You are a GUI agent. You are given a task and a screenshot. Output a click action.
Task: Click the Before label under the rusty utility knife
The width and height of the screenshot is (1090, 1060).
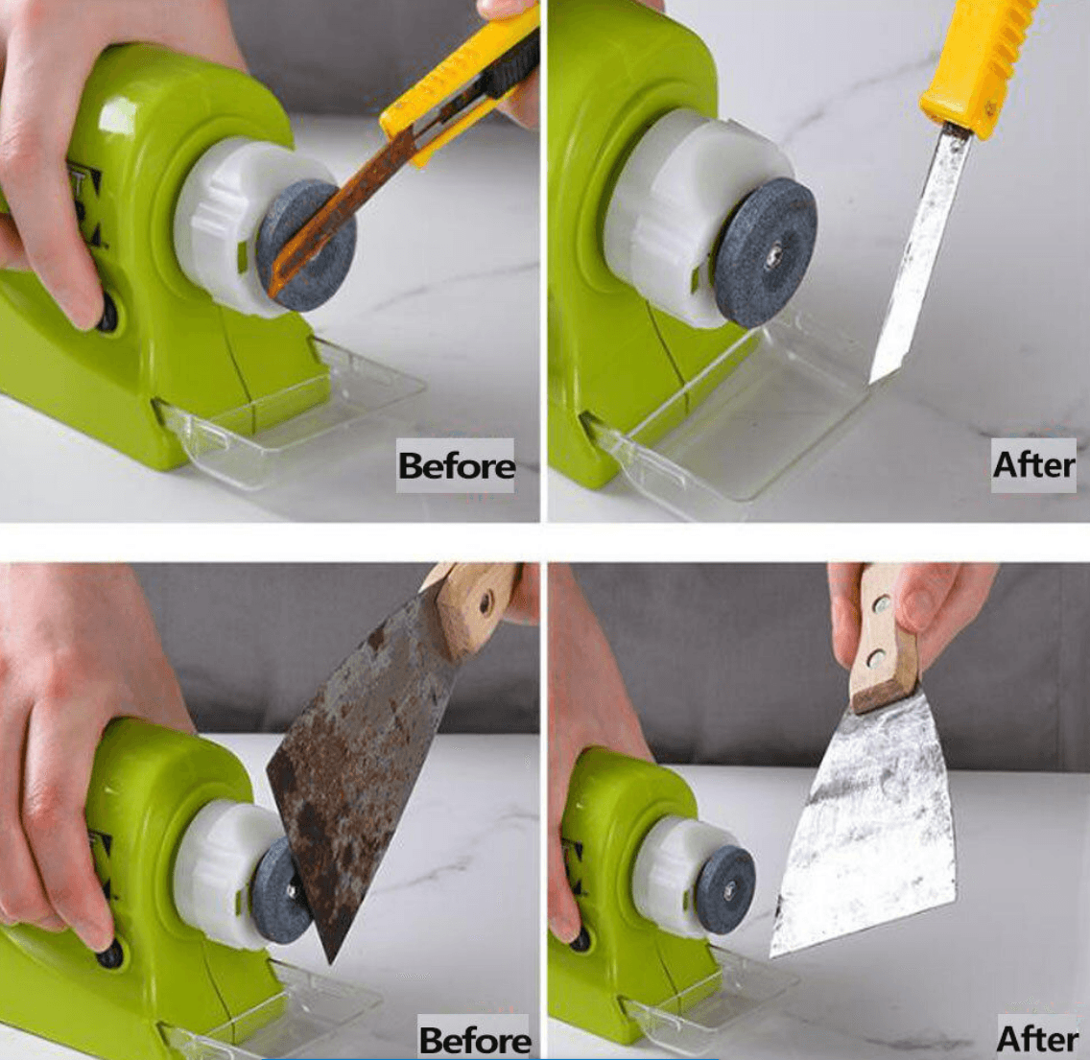(x=456, y=466)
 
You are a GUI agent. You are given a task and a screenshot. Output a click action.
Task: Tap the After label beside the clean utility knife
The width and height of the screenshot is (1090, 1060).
(x=1033, y=465)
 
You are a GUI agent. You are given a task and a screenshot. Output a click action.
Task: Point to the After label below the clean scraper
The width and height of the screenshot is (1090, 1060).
(x=1037, y=1039)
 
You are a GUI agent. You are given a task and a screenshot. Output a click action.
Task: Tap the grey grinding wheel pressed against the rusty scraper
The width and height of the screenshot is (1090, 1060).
(x=280, y=892)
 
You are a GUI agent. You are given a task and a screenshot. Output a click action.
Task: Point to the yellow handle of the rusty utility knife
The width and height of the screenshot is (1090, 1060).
(x=459, y=77)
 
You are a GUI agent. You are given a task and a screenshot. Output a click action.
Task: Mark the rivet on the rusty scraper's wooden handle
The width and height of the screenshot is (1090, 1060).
(x=486, y=602)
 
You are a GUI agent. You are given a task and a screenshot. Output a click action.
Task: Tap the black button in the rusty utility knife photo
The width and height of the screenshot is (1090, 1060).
(x=107, y=314)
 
